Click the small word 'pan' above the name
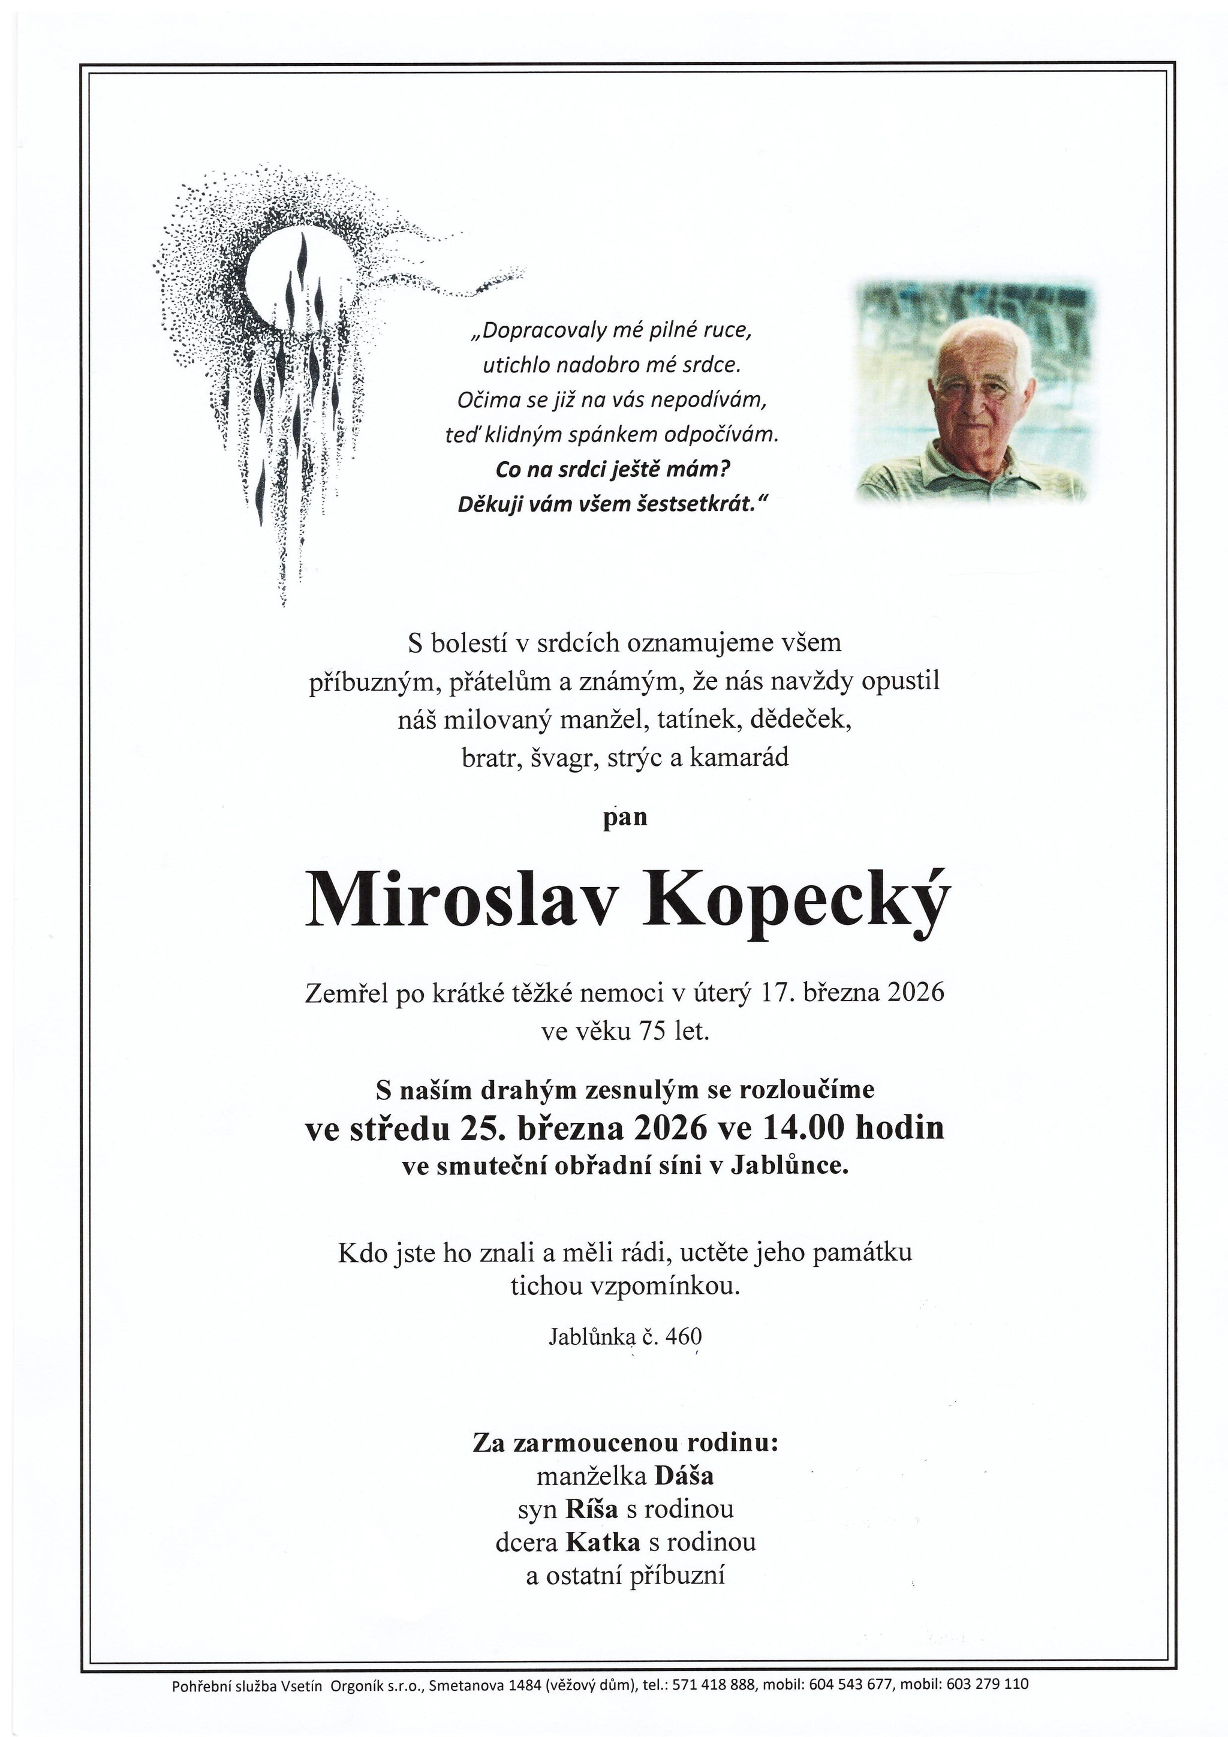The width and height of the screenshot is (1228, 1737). click(625, 818)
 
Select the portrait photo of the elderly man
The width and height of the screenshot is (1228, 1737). click(975, 392)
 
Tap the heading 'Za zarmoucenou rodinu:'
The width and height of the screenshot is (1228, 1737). click(625, 1442)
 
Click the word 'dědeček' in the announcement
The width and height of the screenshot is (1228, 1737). click(800, 720)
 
